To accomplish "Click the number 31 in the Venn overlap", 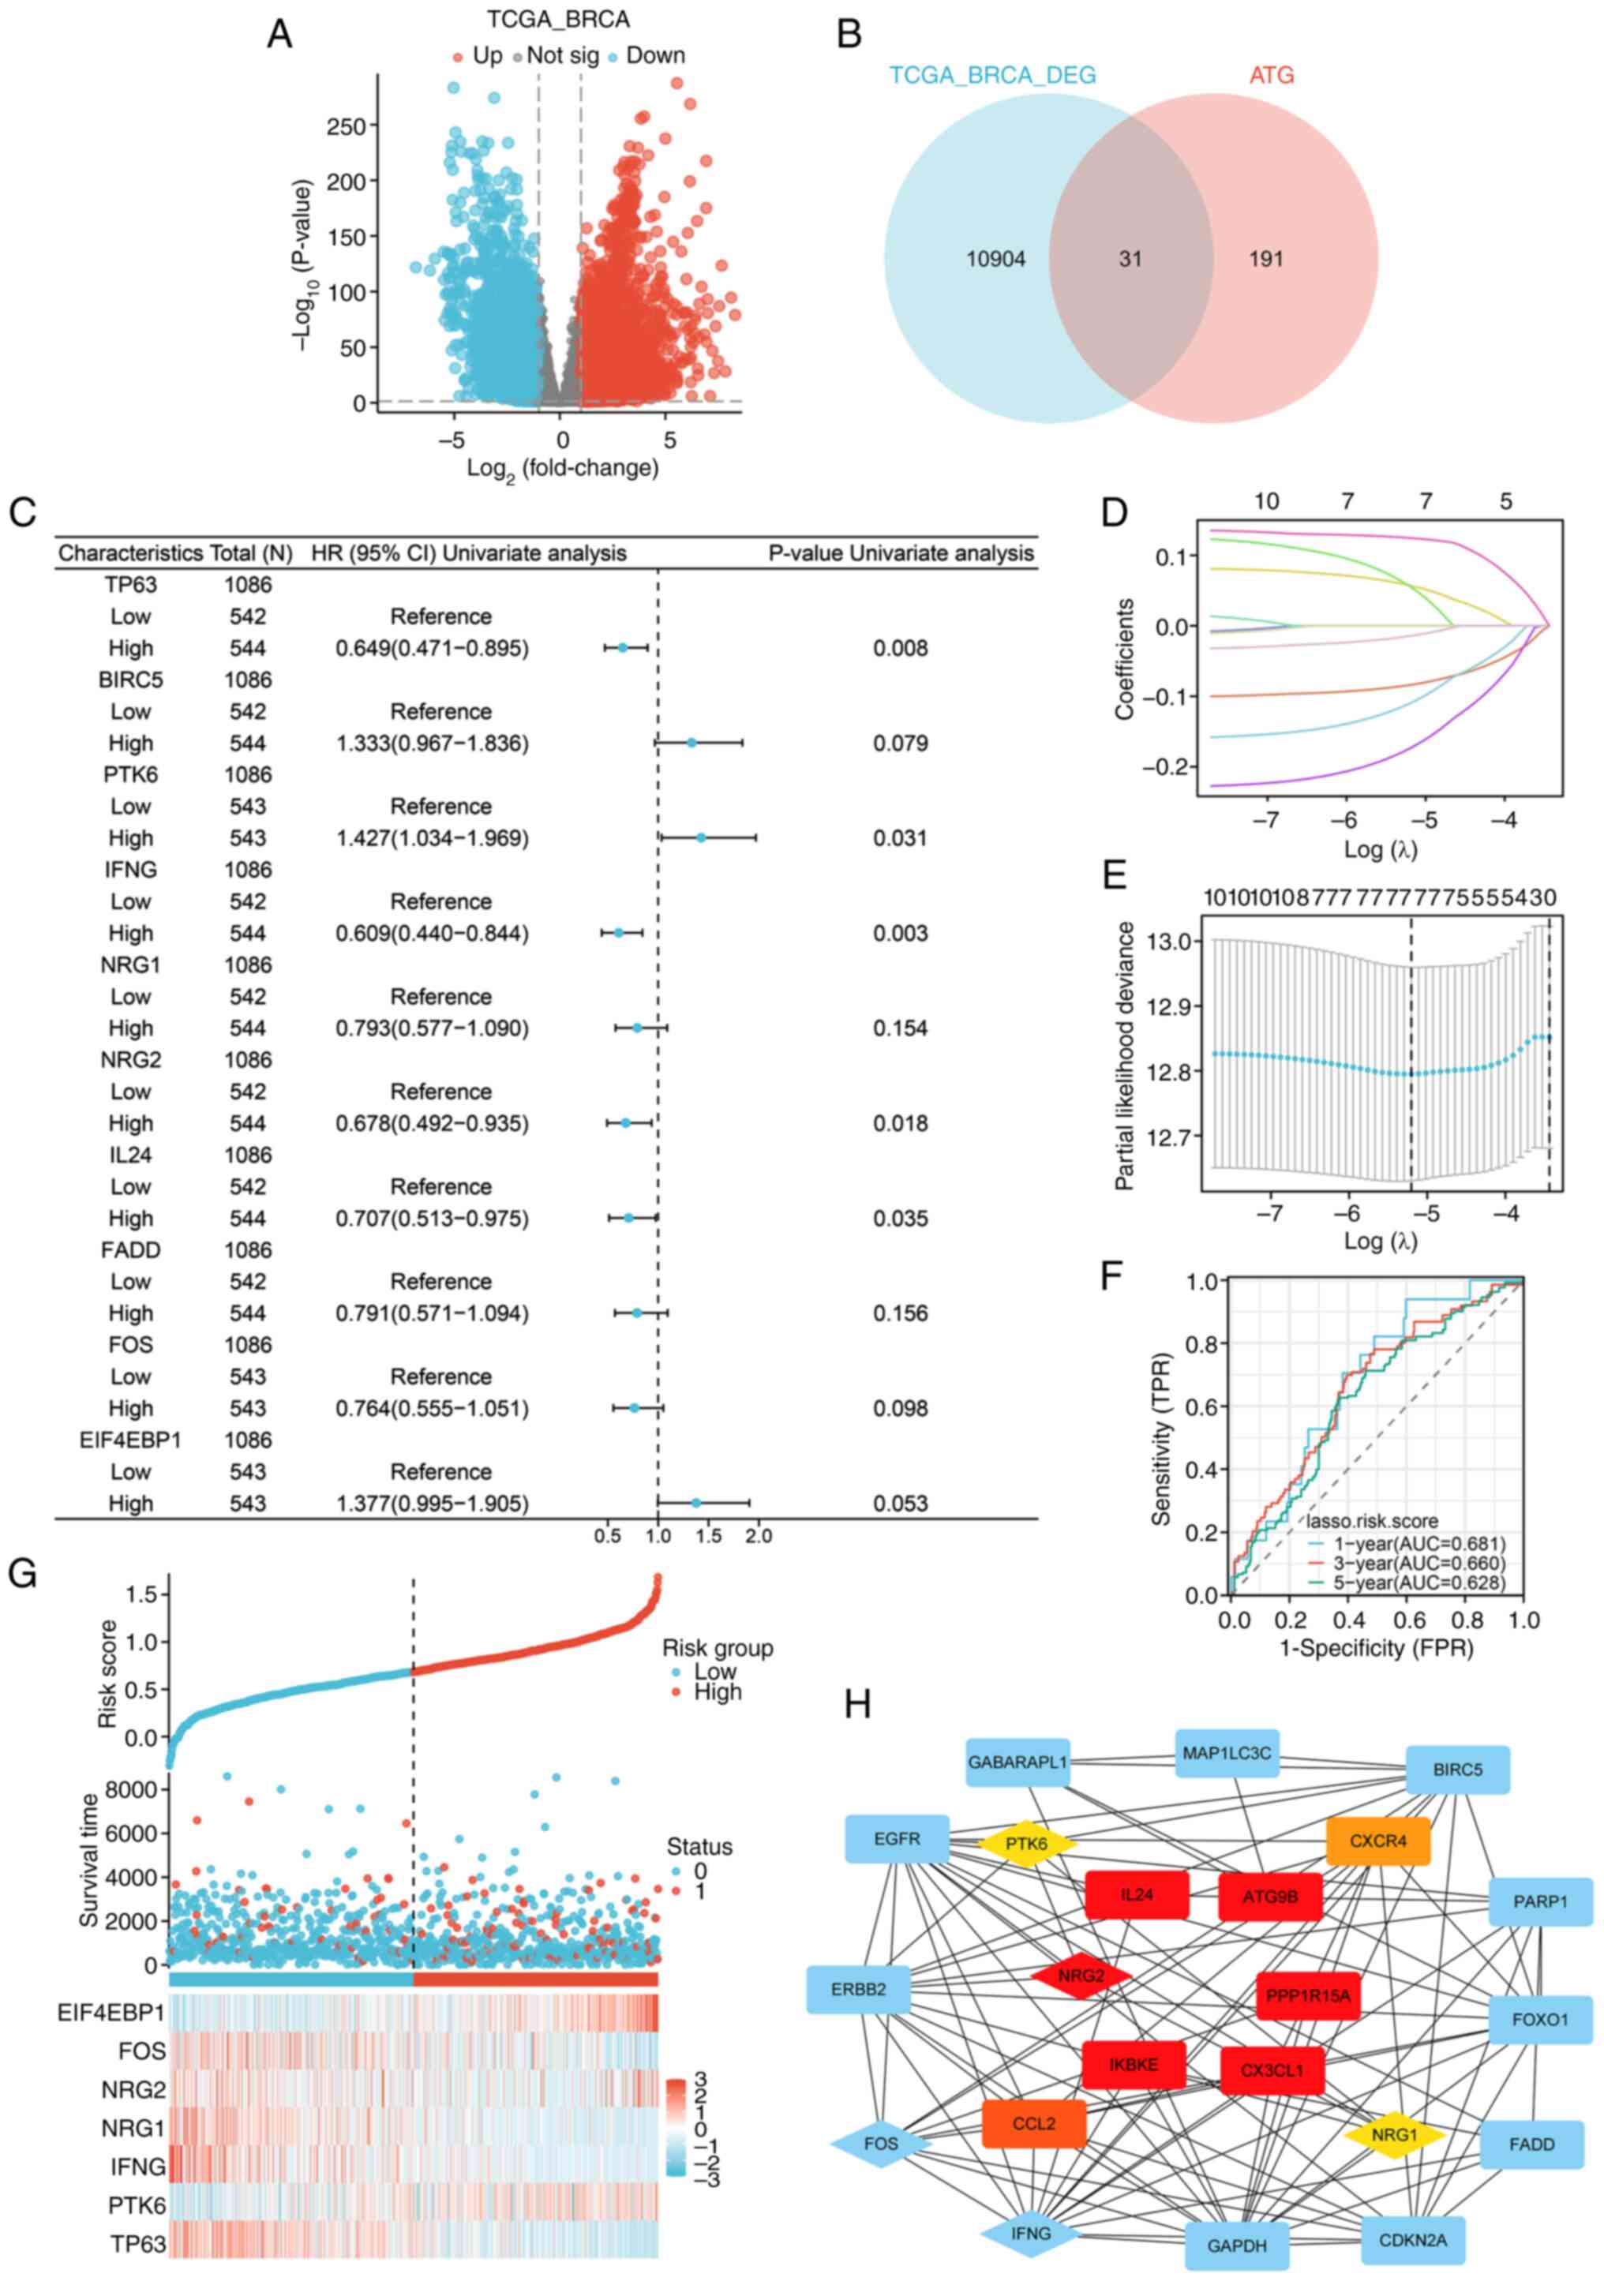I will (x=1130, y=260).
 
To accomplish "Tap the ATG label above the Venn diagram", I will (x=1271, y=74).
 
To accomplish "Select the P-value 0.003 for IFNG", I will (x=901, y=933).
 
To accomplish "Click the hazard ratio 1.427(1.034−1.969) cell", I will (x=433, y=838).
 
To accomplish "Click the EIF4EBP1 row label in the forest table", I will (x=130, y=1440).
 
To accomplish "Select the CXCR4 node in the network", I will (x=1377, y=1841).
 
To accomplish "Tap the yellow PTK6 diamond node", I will (x=1027, y=1844).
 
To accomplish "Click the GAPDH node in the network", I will (x=1236, y=2245).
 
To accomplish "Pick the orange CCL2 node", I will (x=1033, y=2123).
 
